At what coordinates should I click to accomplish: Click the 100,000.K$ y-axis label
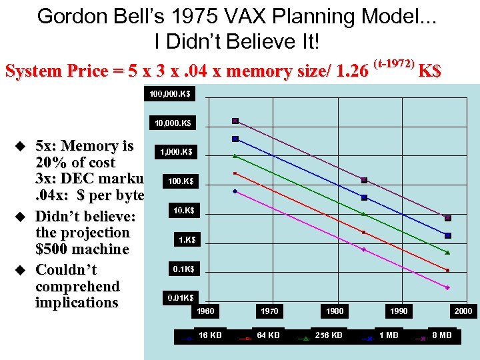click(x=169, y=94)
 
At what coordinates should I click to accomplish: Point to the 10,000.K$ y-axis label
click(x=172, y=123)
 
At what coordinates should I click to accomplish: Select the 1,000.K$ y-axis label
click(x=176, y=153)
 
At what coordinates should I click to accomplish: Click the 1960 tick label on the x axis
click(x=207, y=311)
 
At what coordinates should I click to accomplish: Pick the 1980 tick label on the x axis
click(x=335, y=311)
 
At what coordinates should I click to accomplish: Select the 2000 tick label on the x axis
click(x=463, y=311)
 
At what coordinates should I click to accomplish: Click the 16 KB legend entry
click(x=211, y=335)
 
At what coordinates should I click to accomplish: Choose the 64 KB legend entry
click(x=268, y=335)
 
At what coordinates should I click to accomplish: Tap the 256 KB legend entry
click(x=328, y=335)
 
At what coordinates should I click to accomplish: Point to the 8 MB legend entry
click(x=441, y=335)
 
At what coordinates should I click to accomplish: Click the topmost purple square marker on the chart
click(x=235, y=121)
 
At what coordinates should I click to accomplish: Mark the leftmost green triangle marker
click(x=235, y=156)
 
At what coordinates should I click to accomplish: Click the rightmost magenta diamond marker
click(x=447, y=287)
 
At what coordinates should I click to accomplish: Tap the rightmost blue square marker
click(x=448, y=235)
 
